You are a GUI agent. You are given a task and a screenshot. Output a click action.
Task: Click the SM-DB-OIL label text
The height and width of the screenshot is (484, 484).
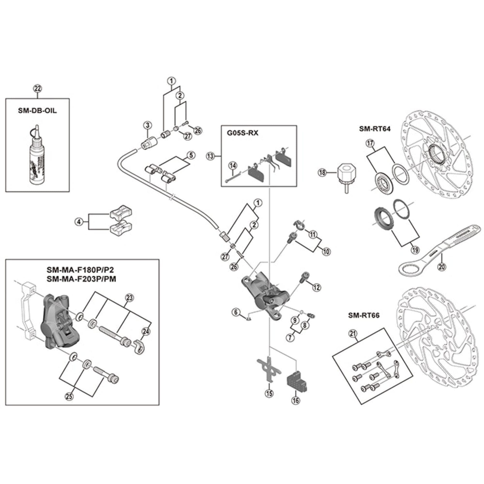coord(37,111)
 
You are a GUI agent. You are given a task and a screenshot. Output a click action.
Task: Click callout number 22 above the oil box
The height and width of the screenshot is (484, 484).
coord(38,89)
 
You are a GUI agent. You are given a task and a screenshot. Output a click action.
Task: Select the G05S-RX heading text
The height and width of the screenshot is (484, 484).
coord(242,133)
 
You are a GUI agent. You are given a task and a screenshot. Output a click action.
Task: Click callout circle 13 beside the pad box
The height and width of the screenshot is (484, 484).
coord(211,156)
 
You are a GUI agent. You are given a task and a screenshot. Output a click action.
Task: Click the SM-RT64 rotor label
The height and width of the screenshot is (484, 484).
coord(375,129)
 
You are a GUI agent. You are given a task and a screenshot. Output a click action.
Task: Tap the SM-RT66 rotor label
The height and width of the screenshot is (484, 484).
coord(364,315)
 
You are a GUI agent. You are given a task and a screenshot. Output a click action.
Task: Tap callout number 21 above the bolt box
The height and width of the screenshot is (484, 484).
coord(353,334)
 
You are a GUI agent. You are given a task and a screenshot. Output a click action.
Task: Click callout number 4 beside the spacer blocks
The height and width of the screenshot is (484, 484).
coord(79,222)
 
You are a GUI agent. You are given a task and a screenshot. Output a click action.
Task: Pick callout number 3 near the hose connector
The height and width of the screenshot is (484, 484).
coord(148,125)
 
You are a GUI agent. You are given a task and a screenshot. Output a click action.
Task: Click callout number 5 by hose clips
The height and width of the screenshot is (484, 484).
coord(191,155)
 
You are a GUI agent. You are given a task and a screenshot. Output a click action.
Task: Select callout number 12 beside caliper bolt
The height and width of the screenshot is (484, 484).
coord(317,287)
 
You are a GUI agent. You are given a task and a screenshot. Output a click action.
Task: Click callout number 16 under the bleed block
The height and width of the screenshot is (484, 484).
coord(296,400)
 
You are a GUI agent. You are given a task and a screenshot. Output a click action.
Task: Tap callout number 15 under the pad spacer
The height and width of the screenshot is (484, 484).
coord(269,393)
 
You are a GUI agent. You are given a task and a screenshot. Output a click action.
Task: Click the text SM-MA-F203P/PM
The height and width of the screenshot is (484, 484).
coord(81,279)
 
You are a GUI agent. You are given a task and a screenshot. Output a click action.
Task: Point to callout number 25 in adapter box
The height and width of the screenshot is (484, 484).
coord(69,396)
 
